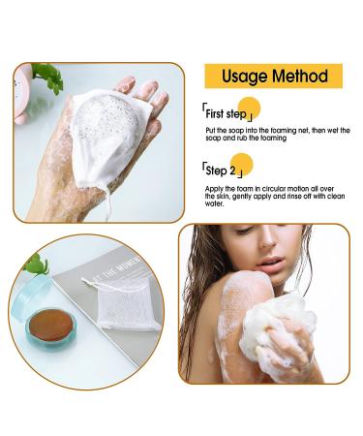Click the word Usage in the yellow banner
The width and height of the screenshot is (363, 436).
tap(244, 77)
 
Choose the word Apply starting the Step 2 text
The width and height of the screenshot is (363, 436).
tap(214, 187)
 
